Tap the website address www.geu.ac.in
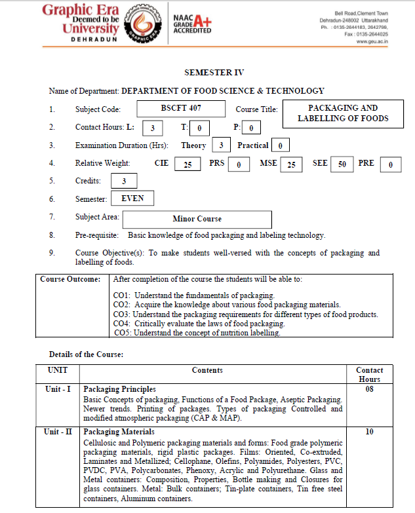coord(372,41)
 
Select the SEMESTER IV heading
coord(214,73)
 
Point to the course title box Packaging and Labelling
coord(343,113)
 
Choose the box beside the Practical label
coord(280,145)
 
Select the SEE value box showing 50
coord(342,164)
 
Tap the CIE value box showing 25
coord(188,164)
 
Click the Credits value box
coord(124,181)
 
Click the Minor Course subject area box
coord(197,219)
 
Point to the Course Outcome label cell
coord(70,279)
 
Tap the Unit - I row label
coord(58,389)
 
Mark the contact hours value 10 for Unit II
coord(369,432)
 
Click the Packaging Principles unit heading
coord(119,389)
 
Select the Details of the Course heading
coord(86,354)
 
